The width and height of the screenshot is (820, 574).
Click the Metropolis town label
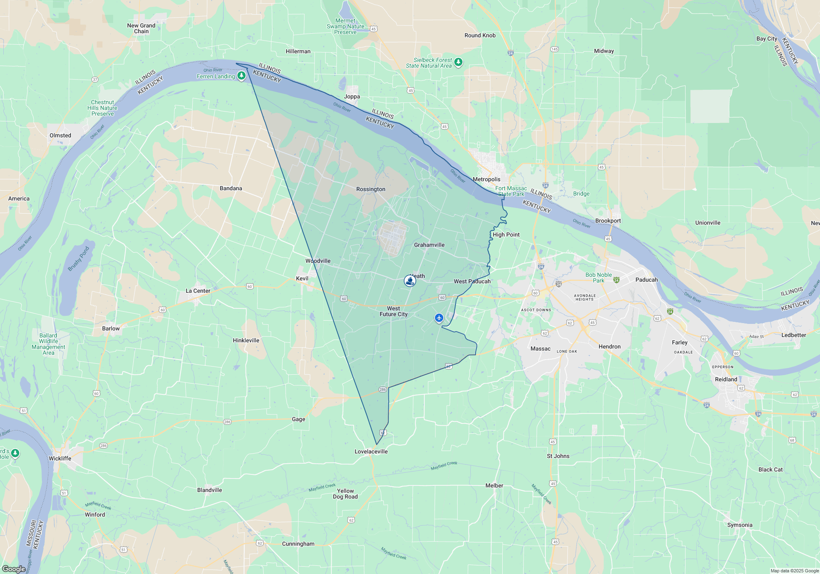[486, 179]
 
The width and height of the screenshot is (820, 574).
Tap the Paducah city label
[646, 280]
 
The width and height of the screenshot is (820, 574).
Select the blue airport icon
[439, 318]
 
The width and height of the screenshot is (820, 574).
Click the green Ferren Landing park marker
[241, 75]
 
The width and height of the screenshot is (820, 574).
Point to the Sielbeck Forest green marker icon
[458, 62]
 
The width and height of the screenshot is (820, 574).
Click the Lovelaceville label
[371, 451]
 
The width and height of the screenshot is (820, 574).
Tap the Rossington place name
[371, 189]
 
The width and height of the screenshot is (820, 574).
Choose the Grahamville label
[429, 245]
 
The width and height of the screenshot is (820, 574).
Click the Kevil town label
[302, 278]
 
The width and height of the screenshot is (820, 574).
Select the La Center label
[198, 291]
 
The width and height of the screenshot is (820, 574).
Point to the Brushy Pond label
[78, 259]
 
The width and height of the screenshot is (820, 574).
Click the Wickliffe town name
[60, 458]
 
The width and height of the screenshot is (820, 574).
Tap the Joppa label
[352, 96]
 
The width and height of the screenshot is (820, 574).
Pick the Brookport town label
[608, 221]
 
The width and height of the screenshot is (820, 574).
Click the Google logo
[14, 569]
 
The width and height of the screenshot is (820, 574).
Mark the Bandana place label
[231, 188]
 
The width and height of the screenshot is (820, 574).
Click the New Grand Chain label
[141, 28]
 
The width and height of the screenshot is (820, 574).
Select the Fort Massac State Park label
[511, 191]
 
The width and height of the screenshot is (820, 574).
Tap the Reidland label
[726, 379]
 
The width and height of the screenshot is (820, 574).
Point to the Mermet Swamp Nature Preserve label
[345, 26]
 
